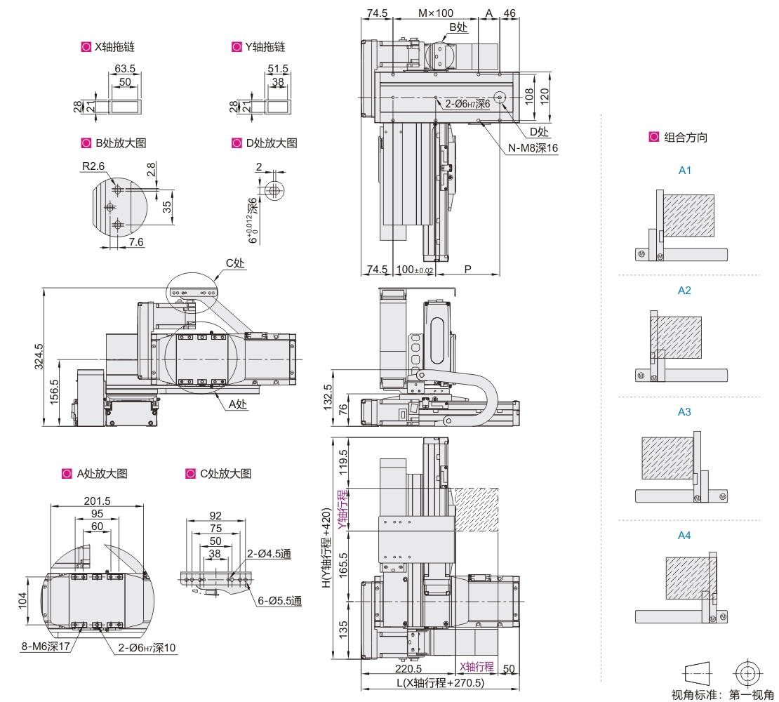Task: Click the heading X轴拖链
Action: [114, 47]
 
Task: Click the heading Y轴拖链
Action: [265, 47]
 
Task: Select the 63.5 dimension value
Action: [125, 69]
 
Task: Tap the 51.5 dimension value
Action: [278, 69]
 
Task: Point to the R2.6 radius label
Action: [93, 166]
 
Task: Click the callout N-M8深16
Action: [533, 148]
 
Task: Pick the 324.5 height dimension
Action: [39, 356]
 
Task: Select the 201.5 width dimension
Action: [97, 501]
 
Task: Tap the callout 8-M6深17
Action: [46, 647]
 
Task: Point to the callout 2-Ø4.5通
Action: [269, 554]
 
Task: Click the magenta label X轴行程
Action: [477, 667]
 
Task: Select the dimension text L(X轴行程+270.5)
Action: [440, 683]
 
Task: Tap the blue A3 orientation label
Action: [684, 412]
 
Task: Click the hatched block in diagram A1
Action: [689, 216]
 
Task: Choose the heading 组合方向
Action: [686, 138]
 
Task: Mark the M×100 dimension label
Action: [436, 13]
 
